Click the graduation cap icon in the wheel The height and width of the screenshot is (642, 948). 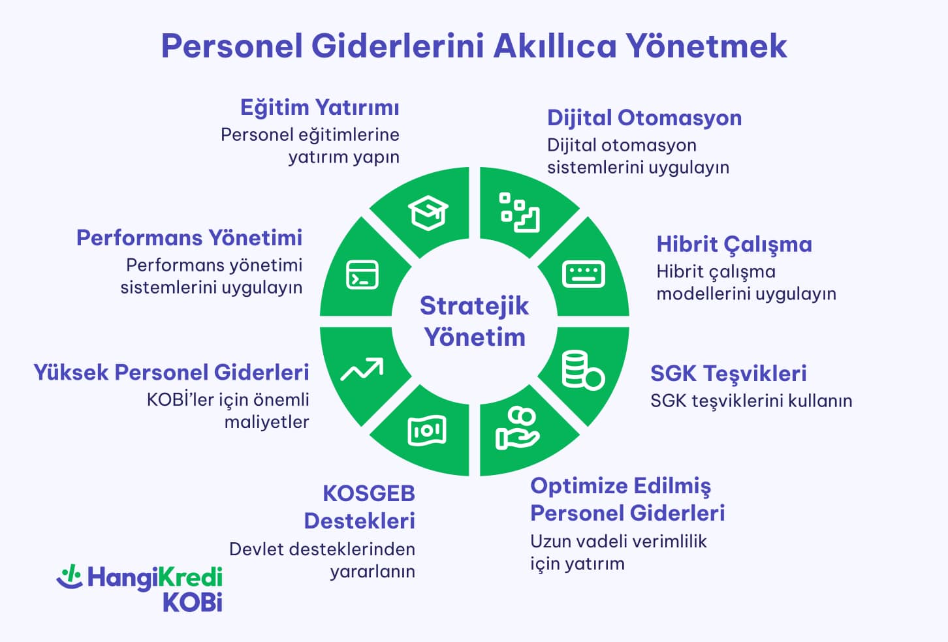click(428, 213)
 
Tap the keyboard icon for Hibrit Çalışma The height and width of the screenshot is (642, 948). click(583, 274)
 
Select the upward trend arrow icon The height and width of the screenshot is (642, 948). click(362, 370)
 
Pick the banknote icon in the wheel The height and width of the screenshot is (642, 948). click(427, 431)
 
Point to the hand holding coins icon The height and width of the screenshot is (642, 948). click(517, 429)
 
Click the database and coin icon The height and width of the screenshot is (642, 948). click(582, 371)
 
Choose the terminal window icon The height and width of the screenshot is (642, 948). click(362, 275)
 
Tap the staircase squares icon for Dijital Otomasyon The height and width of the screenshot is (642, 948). click(520, 212)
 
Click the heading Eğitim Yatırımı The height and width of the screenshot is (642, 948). click(319, 107)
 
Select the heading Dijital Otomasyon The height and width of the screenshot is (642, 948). click(644, 117)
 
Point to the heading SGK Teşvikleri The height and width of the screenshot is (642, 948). click(728, 373)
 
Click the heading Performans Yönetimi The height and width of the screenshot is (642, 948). click(189, 237)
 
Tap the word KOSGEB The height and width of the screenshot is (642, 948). click(369, 493)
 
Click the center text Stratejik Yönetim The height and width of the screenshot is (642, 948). click(474, 321)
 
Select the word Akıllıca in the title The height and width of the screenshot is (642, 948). click(554, 46)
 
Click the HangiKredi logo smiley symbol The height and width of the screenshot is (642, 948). click(69, 576)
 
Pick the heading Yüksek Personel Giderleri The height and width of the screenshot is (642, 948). click(171, 372)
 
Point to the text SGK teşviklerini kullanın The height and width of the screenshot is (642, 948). click(751, 401)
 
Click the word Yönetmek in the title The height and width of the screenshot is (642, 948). click(706, 46)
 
